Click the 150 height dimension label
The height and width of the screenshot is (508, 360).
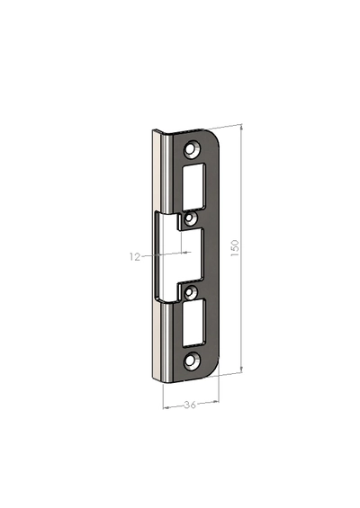tap(235, 248)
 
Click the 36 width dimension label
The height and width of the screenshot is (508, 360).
tap(190, 405)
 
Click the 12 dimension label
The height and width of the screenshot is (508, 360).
tap(135, 257)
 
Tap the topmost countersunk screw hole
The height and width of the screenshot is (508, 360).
tap(192, 149)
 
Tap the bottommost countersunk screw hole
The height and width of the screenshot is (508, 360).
tap(192, 361)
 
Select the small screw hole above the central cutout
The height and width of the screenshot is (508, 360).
tap(189, 219)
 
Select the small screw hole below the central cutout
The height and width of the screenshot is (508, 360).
tap(189, 292)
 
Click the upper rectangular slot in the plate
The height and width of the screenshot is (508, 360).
tap(193, 187)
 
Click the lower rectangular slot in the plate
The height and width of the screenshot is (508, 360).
tap(193, 323)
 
